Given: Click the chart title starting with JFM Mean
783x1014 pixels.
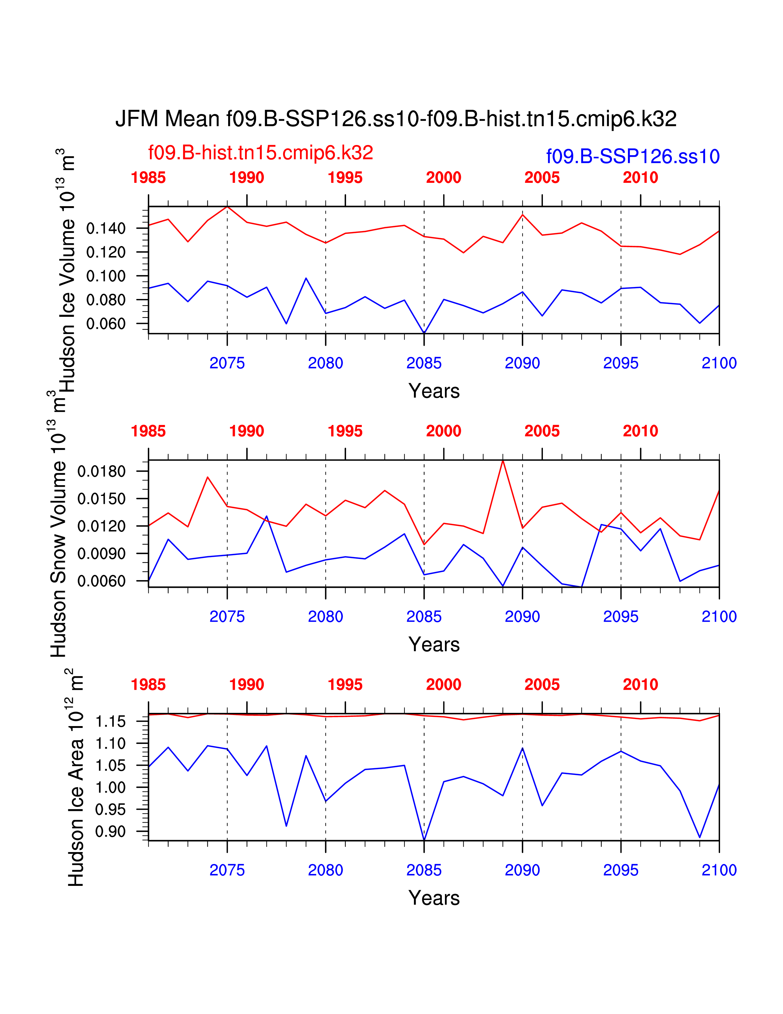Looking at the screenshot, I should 396,119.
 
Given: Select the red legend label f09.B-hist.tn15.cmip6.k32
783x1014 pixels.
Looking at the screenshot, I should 260,153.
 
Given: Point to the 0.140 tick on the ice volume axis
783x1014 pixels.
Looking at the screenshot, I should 106,228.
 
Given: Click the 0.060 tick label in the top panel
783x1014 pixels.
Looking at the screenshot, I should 106,324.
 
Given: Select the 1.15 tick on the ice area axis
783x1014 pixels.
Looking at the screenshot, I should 111,721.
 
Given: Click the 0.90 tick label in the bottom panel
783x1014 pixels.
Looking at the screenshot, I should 111,831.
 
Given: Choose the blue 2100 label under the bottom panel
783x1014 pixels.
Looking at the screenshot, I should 719,870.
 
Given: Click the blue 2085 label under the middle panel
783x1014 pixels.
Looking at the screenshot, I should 423,617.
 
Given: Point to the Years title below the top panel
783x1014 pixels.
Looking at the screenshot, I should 434,391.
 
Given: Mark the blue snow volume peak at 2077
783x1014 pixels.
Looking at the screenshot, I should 266,516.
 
